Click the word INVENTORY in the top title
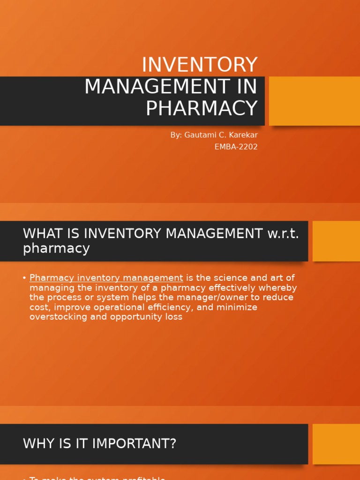click(x=199, y=65)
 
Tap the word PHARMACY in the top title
click(x=202, y=109)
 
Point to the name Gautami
click(x=201, y=135)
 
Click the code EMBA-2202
click(x=236, y=147)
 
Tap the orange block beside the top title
click(x=314, y=101)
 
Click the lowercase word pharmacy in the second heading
click(x=56, y=248)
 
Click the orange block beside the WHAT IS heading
click(x=336, y=241)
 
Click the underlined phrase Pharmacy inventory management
click(x=106, y=278)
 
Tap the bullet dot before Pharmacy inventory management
click(x=24, y=278)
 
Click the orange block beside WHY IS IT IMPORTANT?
click(x=336, y=444)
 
